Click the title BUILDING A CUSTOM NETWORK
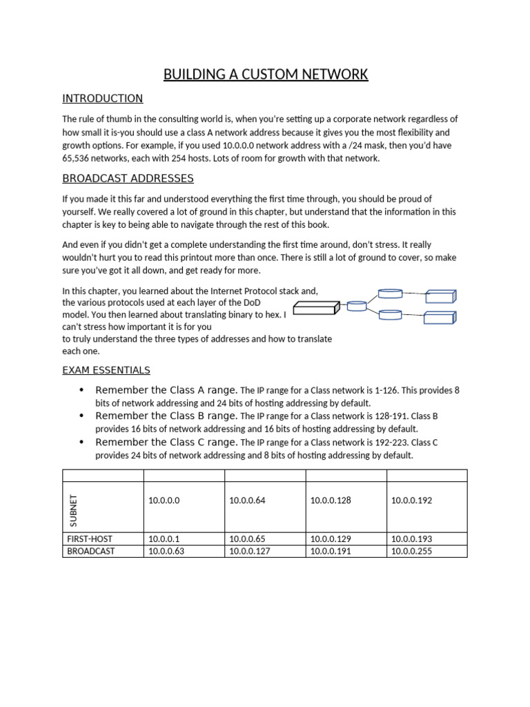point(265,75)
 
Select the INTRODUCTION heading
point(102,99)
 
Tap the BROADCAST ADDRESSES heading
point(128,179)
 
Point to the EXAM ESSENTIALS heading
point(106,371)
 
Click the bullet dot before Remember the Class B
point(82,416)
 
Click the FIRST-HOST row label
point(90,539)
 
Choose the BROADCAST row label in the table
point(91,551)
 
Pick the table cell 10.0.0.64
point(247,501)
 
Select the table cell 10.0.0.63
point(166,551)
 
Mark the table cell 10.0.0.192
point(411,501)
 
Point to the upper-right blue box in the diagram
point(440,296)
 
